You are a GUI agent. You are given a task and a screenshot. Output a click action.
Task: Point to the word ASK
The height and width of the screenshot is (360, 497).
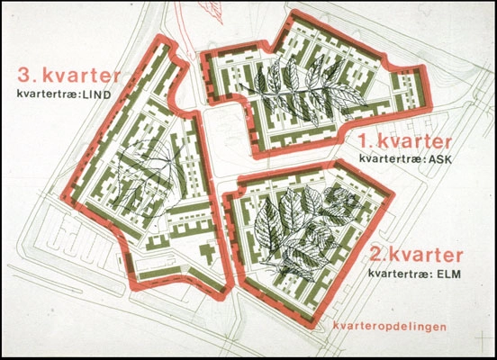pyautogui.click(x=438, y=159)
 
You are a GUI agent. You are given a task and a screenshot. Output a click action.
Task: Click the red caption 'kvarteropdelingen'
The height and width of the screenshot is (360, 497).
pyautogui.click(x=390, y=326)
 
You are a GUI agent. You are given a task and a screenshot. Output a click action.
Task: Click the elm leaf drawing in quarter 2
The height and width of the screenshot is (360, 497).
pyautogui.click(x=293, y=229)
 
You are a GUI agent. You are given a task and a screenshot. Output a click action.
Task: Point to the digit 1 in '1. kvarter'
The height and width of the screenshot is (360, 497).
pyautogui.click(x=363, y=142)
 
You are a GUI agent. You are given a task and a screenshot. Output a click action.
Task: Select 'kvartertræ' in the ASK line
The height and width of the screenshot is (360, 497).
pyautogui.click(x=391, y=159)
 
